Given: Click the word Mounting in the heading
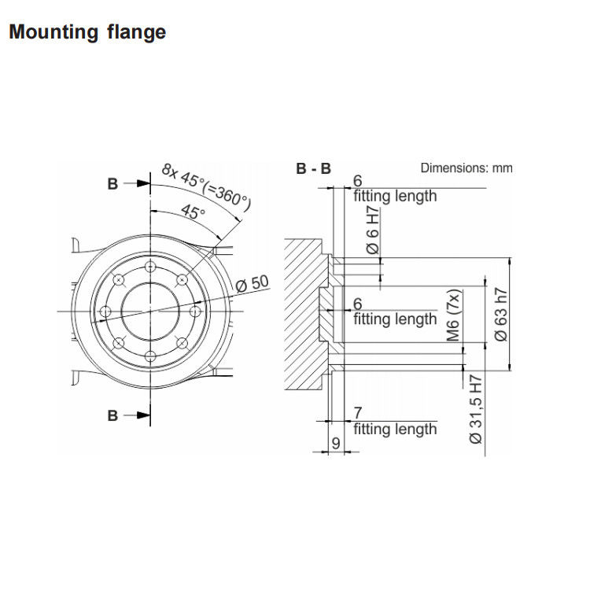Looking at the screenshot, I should pos(53,33).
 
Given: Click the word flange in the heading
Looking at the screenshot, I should pos(136,33).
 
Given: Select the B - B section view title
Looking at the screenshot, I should pos(313,168).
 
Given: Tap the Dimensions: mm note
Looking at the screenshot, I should pos(466,168).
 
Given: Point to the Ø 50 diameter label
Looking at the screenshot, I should pos(253,283).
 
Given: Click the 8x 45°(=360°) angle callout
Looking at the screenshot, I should pos(206,187).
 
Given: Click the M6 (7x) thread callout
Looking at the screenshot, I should pos(454,314).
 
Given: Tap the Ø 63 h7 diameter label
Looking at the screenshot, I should pos(501,315).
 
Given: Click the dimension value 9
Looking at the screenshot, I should pos(335,444).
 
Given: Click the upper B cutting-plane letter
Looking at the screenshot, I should pos(112,183).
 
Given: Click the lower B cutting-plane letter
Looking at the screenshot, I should pos(112,415).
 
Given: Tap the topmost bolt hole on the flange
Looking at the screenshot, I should pos(149,267).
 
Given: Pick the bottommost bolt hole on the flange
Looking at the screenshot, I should pos(149,356).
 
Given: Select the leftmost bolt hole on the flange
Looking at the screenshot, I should pos(104,312).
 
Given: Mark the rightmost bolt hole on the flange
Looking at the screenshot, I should pos(195,312).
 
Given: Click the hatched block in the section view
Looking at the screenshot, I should pos(303,315).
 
